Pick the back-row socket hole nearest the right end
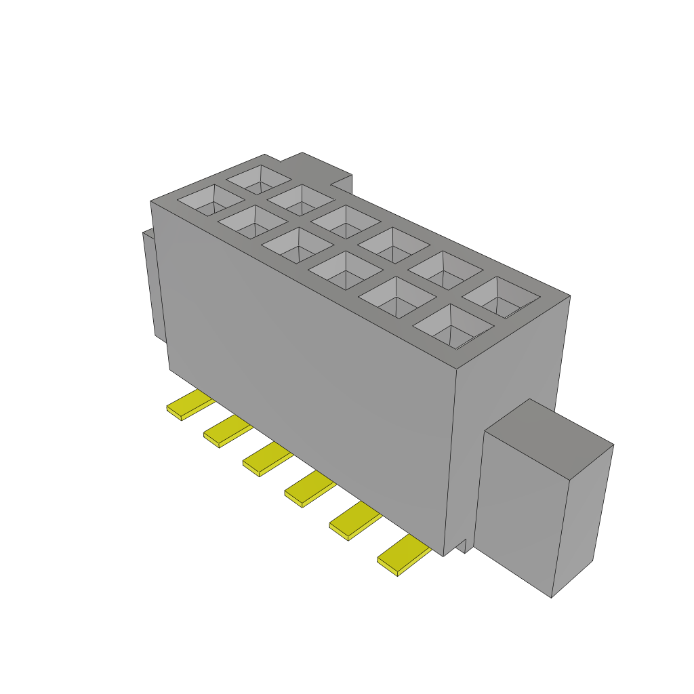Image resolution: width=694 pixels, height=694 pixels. point(502,297)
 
